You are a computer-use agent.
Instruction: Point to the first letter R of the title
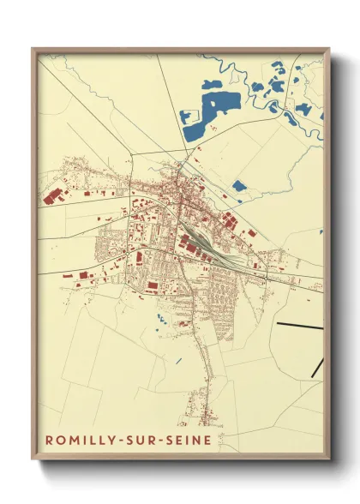[48, 441]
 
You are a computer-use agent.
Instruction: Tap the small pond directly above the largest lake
[211, 84]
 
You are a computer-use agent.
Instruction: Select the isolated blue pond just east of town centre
[239, 185]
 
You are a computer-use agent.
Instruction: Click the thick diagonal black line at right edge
[318, 366]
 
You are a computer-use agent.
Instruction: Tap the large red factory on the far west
[53, 195]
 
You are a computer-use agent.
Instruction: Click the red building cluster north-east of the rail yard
[230, 221]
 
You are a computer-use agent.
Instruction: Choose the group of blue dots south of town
[162, 320]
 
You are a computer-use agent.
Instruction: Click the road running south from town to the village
[203, 351]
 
